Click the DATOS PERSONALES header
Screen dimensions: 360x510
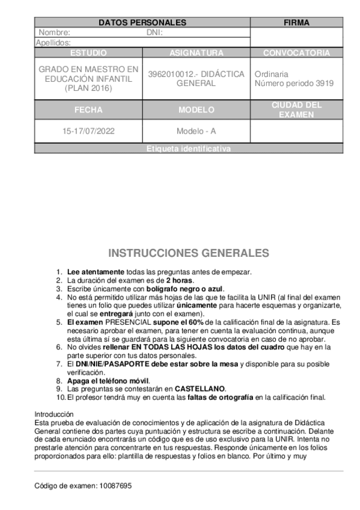coord(142,23)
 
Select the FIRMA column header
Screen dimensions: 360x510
coord(296,23)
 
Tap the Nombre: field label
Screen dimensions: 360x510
coord(54,32)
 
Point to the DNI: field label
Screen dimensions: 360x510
coord(154,32)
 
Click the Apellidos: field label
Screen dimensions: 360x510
coord(53,43)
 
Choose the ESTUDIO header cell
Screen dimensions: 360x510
coord(88,53)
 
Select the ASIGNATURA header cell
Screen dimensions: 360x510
coord(196,53)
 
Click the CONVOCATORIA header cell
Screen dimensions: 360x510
coord(296,53)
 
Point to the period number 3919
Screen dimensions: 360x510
coord(325,84)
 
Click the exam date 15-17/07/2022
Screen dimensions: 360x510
coord(88,131)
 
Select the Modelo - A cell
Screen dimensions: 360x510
coord(196,131)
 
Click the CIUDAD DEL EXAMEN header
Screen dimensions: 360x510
coord(296,109)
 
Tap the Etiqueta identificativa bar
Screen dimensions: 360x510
coord(188,149)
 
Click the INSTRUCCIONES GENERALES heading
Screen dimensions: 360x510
coord(188,253)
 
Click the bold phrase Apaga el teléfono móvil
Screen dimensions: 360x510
coord(108,381)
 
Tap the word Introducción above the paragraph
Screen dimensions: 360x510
coord(53,414)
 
